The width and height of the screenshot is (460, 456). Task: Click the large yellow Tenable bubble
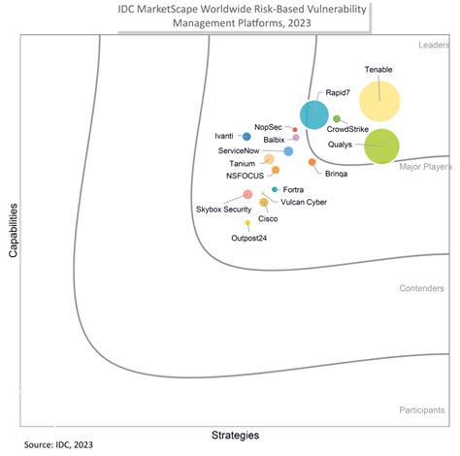(378, 100)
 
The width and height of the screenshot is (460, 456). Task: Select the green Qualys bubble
(381, 146)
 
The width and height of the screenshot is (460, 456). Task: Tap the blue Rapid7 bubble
(313, 114)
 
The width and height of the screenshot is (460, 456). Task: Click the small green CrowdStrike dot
(337, 118)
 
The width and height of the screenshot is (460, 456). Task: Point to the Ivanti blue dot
(246, 137)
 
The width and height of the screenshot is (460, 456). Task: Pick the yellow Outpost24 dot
(248, 223)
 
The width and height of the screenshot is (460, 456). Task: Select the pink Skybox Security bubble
(248, 195)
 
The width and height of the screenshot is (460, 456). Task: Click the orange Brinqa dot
(312, 162)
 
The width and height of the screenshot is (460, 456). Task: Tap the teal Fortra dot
(276, 189)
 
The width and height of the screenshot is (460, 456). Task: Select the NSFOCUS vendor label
(244, 176)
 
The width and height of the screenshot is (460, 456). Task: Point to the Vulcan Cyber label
(304, 203)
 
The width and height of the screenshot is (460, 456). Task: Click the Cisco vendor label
(268, 219)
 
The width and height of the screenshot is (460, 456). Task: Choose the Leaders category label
(433, 45)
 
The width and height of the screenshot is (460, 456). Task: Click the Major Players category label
(425, 167)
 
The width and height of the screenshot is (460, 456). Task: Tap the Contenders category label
(421, 288)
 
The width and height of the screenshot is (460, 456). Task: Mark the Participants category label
(421, 410)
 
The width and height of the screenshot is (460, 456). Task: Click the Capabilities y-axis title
(15, 229)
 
